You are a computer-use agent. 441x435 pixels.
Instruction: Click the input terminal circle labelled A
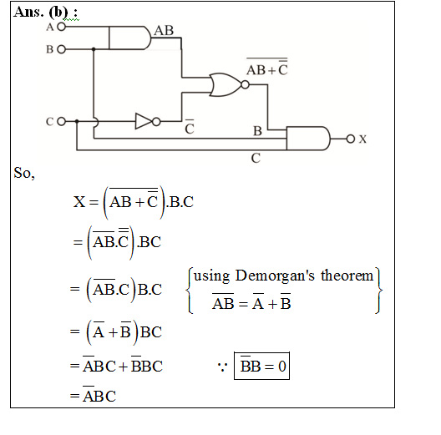point(61,27)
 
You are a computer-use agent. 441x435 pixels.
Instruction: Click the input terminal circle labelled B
point(61,49)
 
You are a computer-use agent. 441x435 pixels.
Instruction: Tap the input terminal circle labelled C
point(61,121)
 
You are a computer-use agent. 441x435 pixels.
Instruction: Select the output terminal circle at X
point(351,139)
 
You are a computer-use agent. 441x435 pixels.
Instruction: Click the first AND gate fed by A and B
point(129,38)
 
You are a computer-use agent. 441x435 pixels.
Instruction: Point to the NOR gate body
point(225,84)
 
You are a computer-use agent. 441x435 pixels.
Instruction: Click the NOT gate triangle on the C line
point(144,121)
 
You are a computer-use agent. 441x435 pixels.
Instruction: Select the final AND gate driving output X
point(308,139)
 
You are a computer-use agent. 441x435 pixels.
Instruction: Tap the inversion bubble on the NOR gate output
point(245,84)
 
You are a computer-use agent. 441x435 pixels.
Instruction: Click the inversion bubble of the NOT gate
point(156,122)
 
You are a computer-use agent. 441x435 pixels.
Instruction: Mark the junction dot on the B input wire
point(94,49)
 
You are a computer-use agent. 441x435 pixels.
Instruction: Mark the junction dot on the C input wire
point(77,121)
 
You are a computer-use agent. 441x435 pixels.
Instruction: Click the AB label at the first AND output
point(164,30)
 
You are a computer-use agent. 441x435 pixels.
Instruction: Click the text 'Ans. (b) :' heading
point(46,12)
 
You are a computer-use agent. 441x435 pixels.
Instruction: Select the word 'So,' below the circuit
point(24,173)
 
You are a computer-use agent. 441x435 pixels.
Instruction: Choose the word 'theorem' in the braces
point(347,276)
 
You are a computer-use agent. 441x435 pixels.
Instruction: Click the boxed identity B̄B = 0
point(261,366)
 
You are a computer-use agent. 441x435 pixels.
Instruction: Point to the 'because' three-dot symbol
point(222,366)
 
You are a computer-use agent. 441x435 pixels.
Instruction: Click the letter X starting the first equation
point(79,201)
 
